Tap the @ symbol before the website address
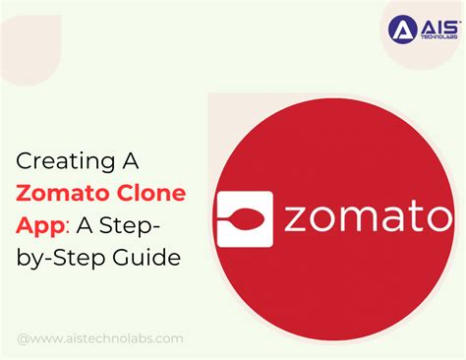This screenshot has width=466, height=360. click(23, 338)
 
